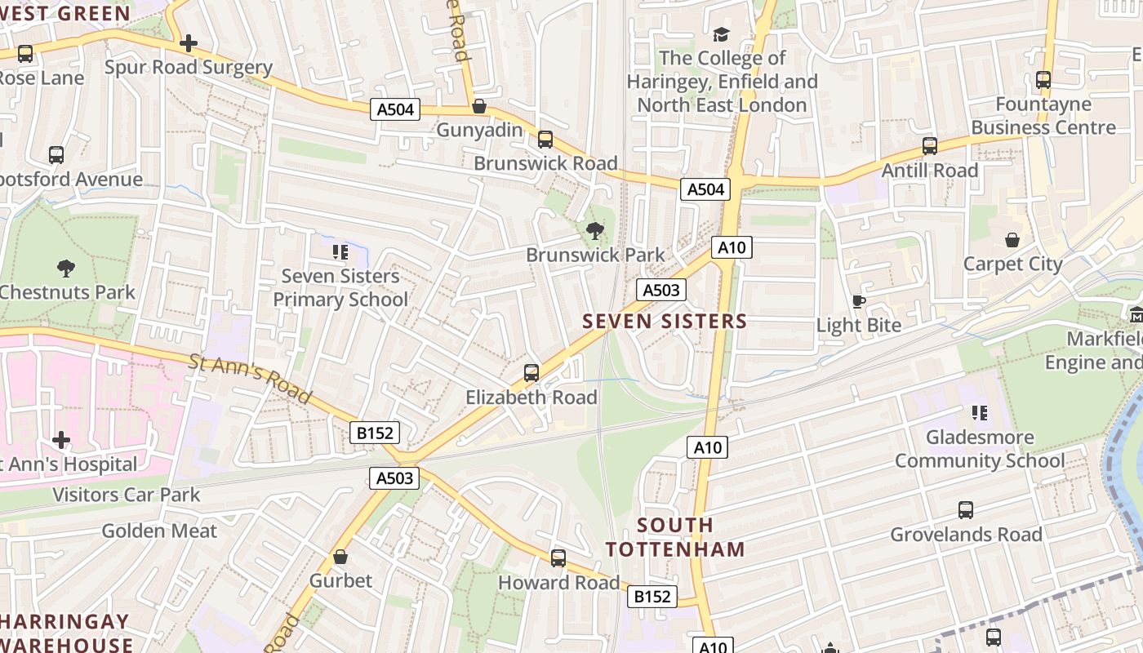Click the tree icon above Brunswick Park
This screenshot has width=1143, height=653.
(x=595, y=231)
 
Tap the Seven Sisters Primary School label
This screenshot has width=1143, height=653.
(x=340, y=287)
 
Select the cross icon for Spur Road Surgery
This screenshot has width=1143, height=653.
(x=189, y=42)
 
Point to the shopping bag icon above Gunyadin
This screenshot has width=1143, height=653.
(x=479, y=106)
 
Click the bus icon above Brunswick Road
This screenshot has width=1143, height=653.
(x=545, y=140)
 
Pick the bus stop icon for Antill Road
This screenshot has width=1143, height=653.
(x=929, y=146)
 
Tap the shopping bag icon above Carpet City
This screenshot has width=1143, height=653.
(x=1012, y=240)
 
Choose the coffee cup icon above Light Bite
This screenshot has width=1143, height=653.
(x=858, y=301)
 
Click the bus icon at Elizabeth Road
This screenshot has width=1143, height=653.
(x=531, y=373)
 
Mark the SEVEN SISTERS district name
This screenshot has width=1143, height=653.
(x=665, y=321)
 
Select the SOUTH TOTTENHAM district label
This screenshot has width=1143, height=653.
(x=675, y=536)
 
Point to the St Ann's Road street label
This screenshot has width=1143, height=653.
(x=250, y=378)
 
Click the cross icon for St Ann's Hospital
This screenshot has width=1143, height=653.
(x=61, y=441)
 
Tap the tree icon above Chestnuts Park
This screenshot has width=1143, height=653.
(x=65, y=268)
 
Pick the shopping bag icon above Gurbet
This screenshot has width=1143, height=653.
(x=340, y=557)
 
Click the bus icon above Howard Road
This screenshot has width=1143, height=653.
(x=558, y=558)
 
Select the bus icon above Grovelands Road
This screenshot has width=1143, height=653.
(x=966, y=510)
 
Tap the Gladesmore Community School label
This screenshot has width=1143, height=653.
(x=980, y=449)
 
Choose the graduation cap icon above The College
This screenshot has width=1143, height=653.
(x=721, y=34)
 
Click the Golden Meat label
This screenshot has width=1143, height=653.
(x=159, y=531)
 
